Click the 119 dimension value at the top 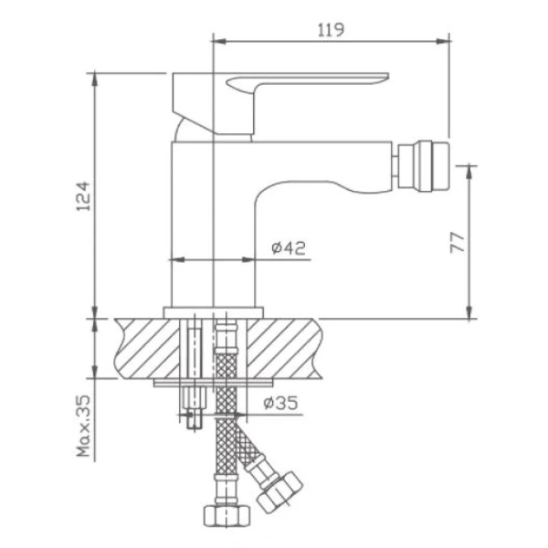pyautogui.click(x=332, y=30)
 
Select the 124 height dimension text pyautogui.click(x=82, y=196)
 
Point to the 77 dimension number pyautogui.click(x=458, y=241)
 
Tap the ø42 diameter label pyautogui.click(x=289, y=247)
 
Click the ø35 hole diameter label pyautogui.click(x=279, y=403)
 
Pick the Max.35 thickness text pyautogui.click(x=83, y=428)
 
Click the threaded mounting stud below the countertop pyautogui.click(x=195, y=407)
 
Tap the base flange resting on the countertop pyautogui.click(x=212, y=311)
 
